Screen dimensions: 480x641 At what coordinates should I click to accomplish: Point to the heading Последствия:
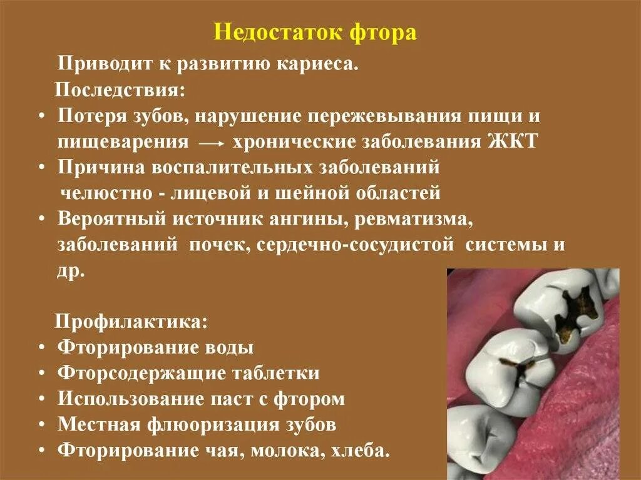[120, 89]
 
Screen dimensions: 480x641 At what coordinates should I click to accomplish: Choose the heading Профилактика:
[132, 322]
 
